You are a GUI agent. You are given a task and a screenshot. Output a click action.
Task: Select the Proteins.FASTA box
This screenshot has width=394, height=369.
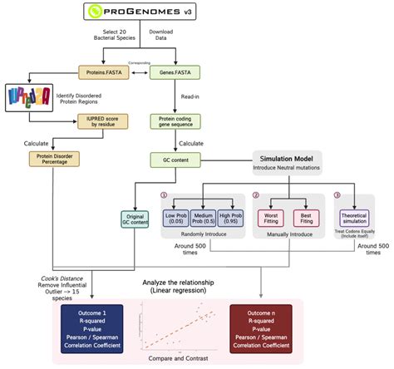click(101, 74)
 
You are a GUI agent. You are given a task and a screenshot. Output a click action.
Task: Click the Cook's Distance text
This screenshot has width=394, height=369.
click(59, 278)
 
